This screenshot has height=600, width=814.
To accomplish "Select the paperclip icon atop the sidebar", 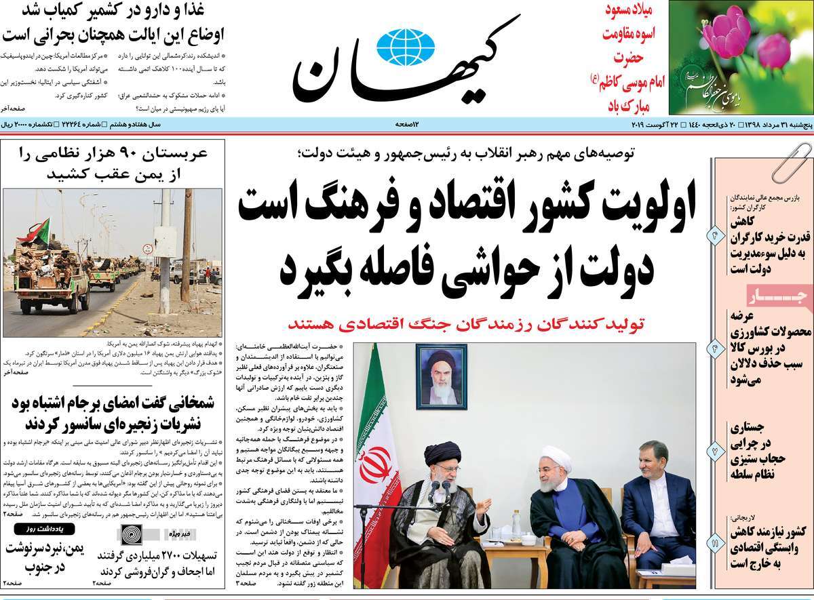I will [785, 162].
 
